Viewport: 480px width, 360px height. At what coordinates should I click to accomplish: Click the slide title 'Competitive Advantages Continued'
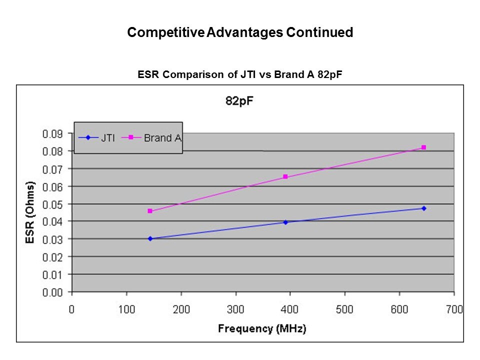point(240,33)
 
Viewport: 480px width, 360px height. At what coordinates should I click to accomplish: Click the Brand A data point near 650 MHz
point(423,147)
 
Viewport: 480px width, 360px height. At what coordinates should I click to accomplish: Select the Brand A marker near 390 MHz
point(285,177)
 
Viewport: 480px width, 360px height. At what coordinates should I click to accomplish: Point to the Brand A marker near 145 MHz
point(150,211)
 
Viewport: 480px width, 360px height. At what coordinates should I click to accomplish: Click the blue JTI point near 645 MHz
point(423,208)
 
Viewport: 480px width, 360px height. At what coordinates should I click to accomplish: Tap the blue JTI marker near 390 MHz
point(285,222)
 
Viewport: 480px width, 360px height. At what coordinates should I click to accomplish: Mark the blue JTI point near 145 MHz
point(150,238)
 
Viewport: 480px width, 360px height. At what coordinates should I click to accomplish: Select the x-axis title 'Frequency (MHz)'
point(262,328)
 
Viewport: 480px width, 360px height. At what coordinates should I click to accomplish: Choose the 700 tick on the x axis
point(454,309)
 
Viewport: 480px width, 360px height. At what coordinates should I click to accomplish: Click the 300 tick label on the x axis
point(235,309)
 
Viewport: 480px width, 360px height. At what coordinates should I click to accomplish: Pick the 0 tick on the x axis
point(72,309)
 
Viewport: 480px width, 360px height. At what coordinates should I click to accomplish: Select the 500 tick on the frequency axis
point(345,309)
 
